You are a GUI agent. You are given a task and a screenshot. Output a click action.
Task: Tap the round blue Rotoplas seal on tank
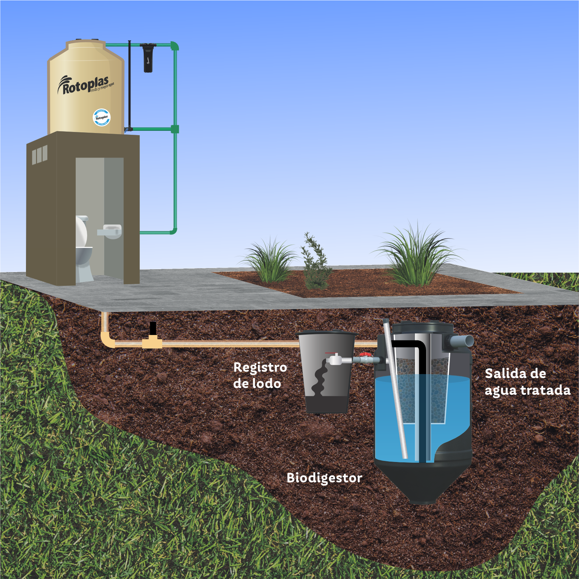click(x=102, y=117)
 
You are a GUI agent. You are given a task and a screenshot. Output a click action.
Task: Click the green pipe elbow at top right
click(x=174, y=46)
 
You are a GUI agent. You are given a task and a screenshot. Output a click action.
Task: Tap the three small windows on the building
click(x=39, y=155)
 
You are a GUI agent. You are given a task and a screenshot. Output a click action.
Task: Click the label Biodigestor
click(x=324, y=478)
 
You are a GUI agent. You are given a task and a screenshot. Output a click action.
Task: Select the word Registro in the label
click(x=260, y=367)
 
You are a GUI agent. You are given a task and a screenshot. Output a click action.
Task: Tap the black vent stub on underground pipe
click(x=153, y=328)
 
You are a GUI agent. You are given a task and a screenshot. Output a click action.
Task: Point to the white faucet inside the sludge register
click(x=334, y=360)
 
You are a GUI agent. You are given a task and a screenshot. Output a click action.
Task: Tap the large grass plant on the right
click(x=418, y=256)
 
